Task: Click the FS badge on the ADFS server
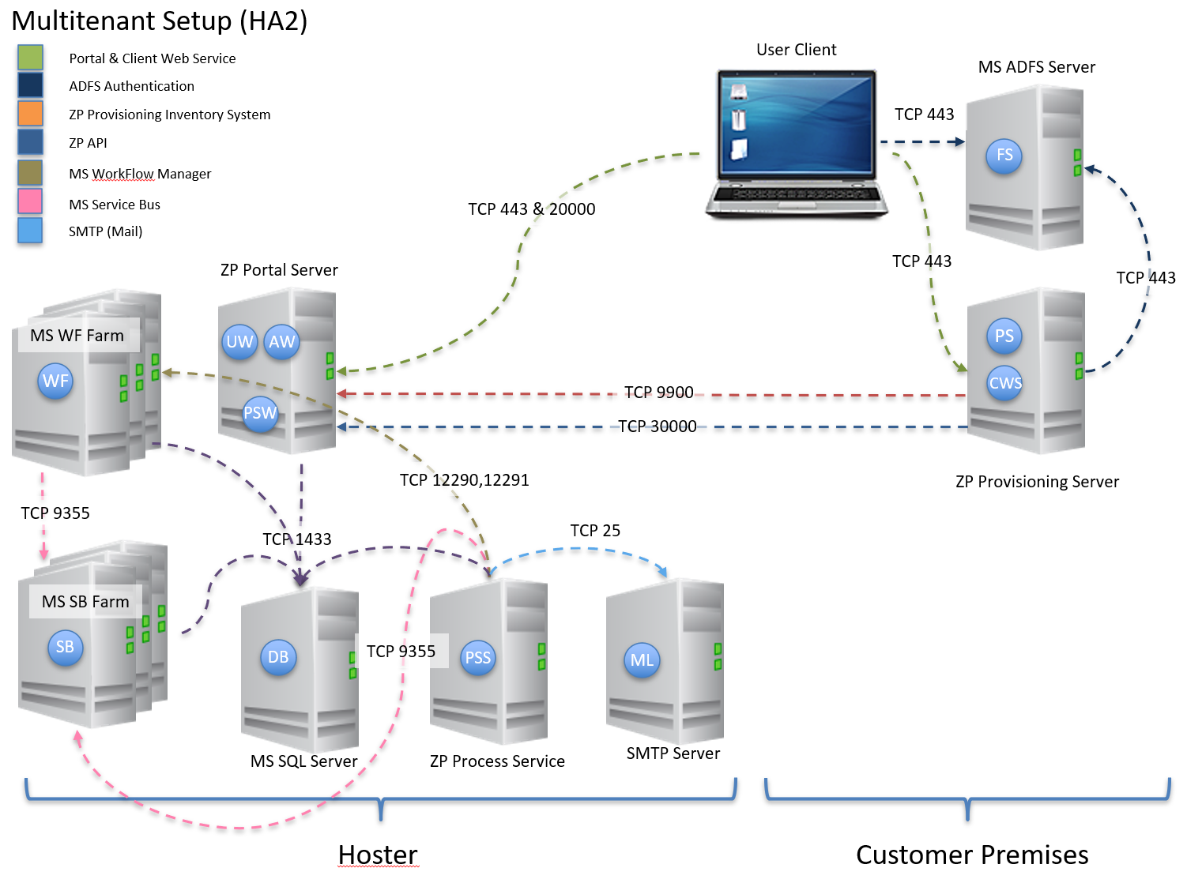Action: pos(1004,156)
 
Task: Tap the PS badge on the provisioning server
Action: pos(1004,336)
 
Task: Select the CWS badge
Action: pos(1004,383)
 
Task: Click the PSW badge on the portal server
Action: pos(260,413)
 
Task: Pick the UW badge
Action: pos(239,342)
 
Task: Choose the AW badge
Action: pos(281,342)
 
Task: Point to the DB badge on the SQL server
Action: pos(278,657)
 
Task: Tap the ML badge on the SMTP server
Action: pos(642,660)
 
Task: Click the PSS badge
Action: pos(477,658)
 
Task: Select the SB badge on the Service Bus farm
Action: pos(65,647)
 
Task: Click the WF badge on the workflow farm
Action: pos(55,381)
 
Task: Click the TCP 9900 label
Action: pos(658,393)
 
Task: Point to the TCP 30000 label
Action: pos(657,426)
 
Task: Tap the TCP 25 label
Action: pos(595,531)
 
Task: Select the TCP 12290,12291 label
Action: pos(464,480)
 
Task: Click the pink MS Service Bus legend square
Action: pos(30,201)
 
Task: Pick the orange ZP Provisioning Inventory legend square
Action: pos(30,113)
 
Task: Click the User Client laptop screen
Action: pos(797,123)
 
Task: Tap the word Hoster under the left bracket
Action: pos(377,855)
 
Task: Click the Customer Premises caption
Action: pos(971,855)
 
